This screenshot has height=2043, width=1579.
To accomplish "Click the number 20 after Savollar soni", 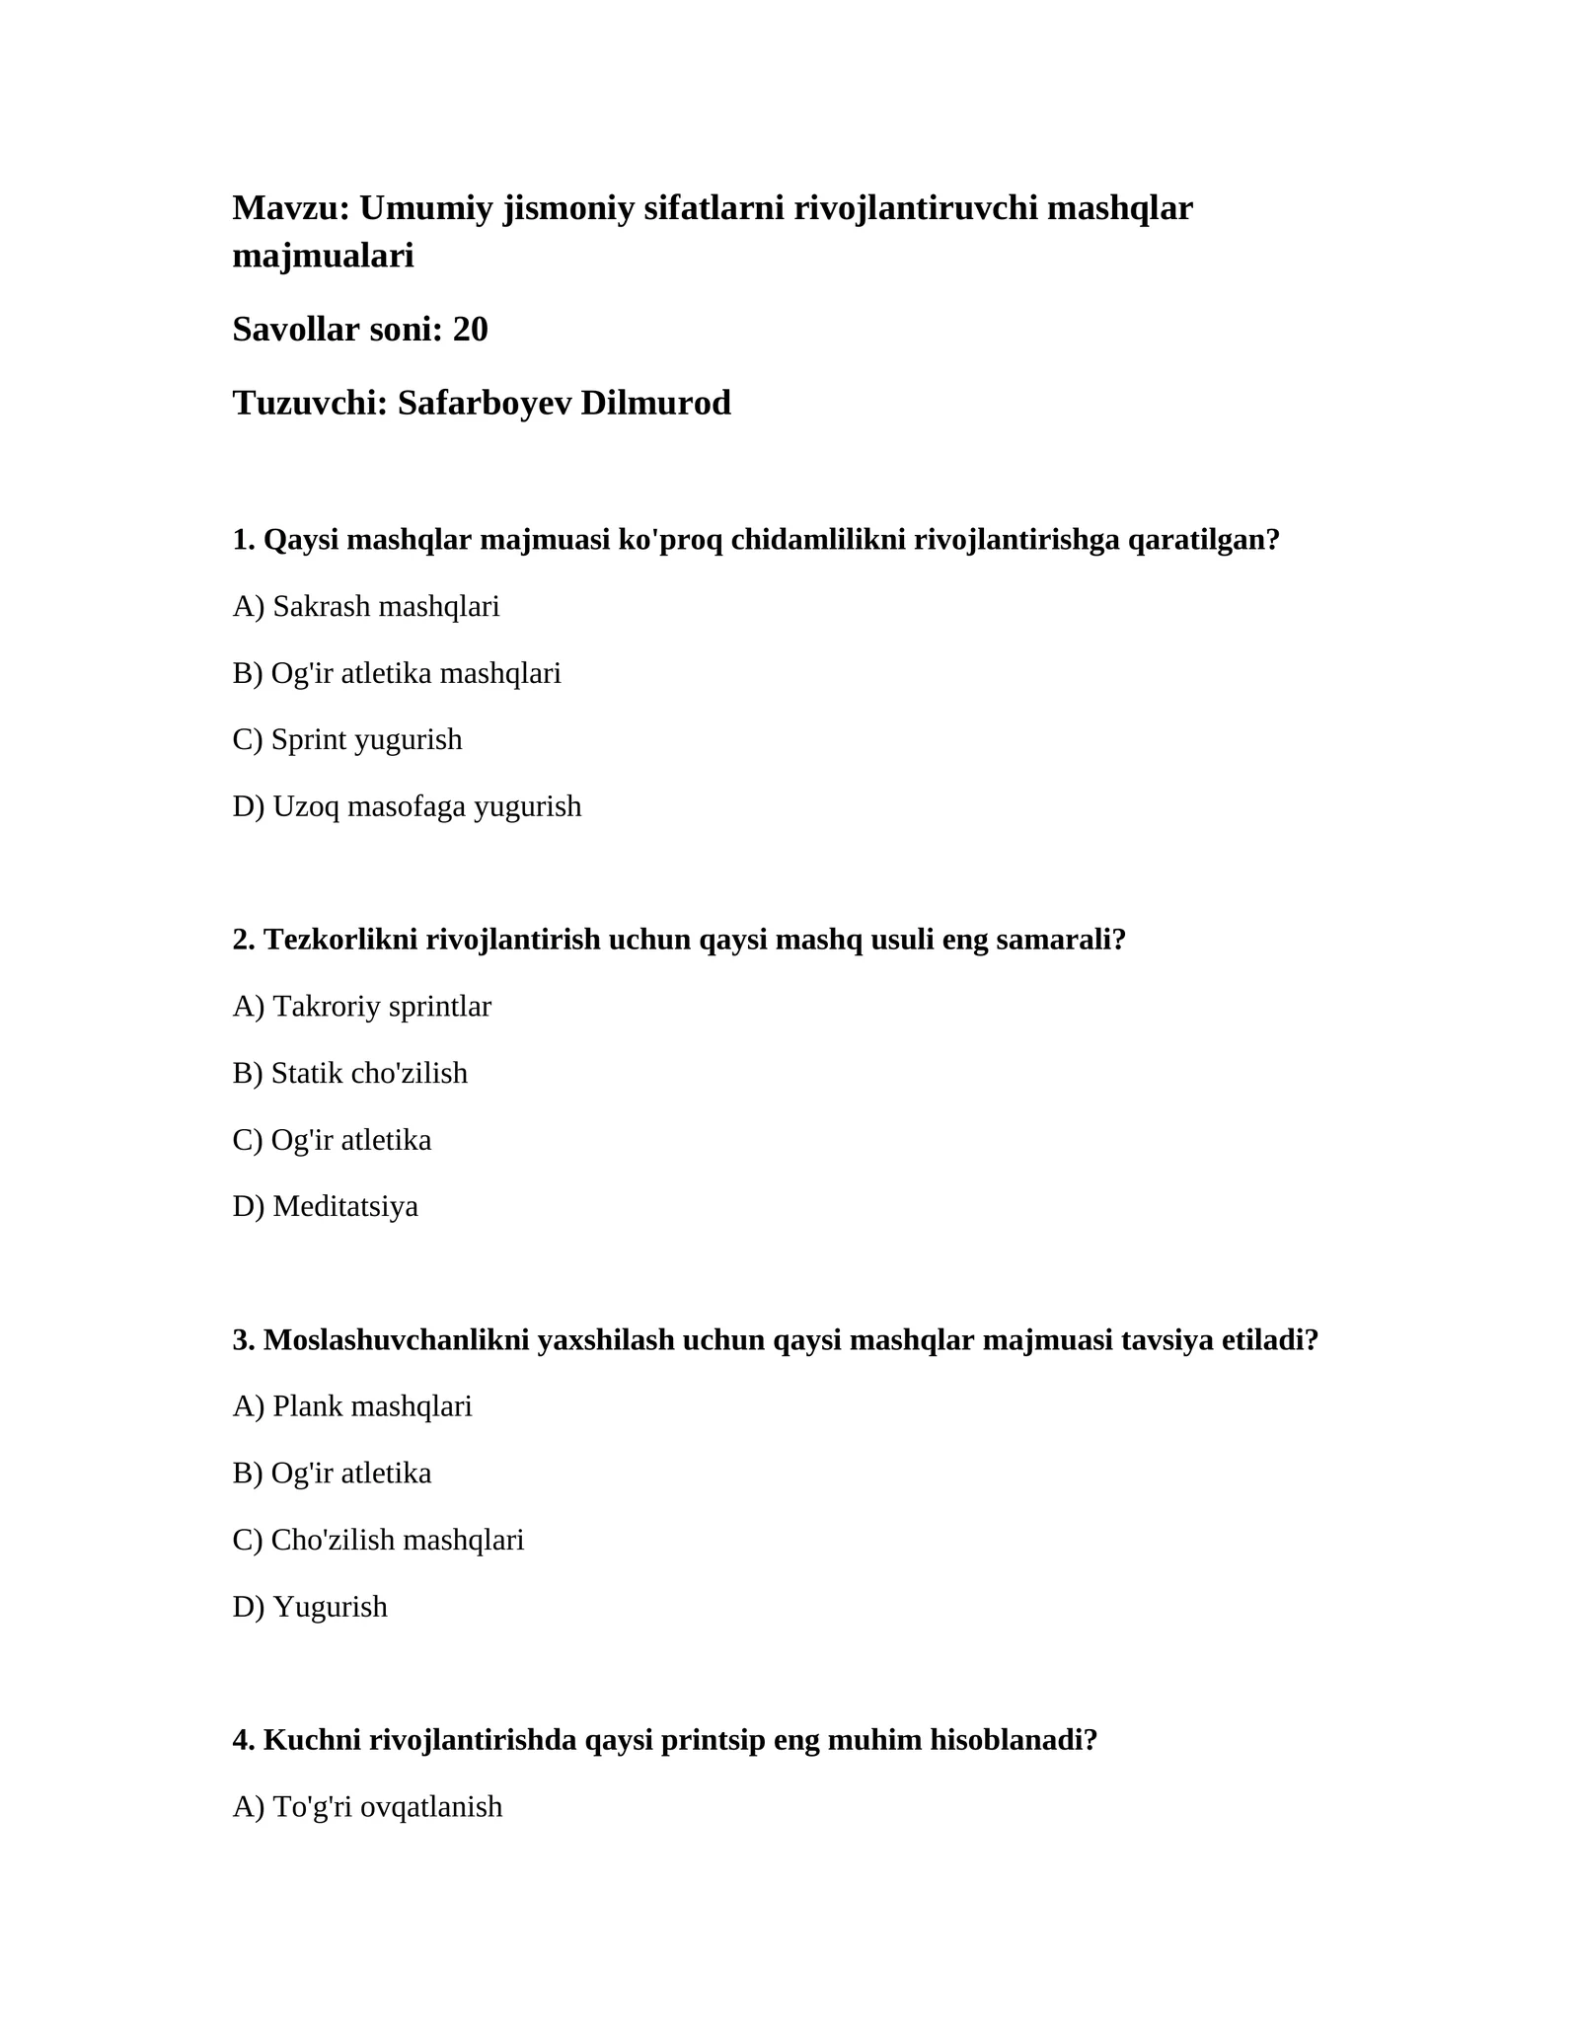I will pos(470,330).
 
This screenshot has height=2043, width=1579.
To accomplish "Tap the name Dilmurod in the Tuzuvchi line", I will pos(655,403).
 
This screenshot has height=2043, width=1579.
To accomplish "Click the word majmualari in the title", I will pos(323,257).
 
